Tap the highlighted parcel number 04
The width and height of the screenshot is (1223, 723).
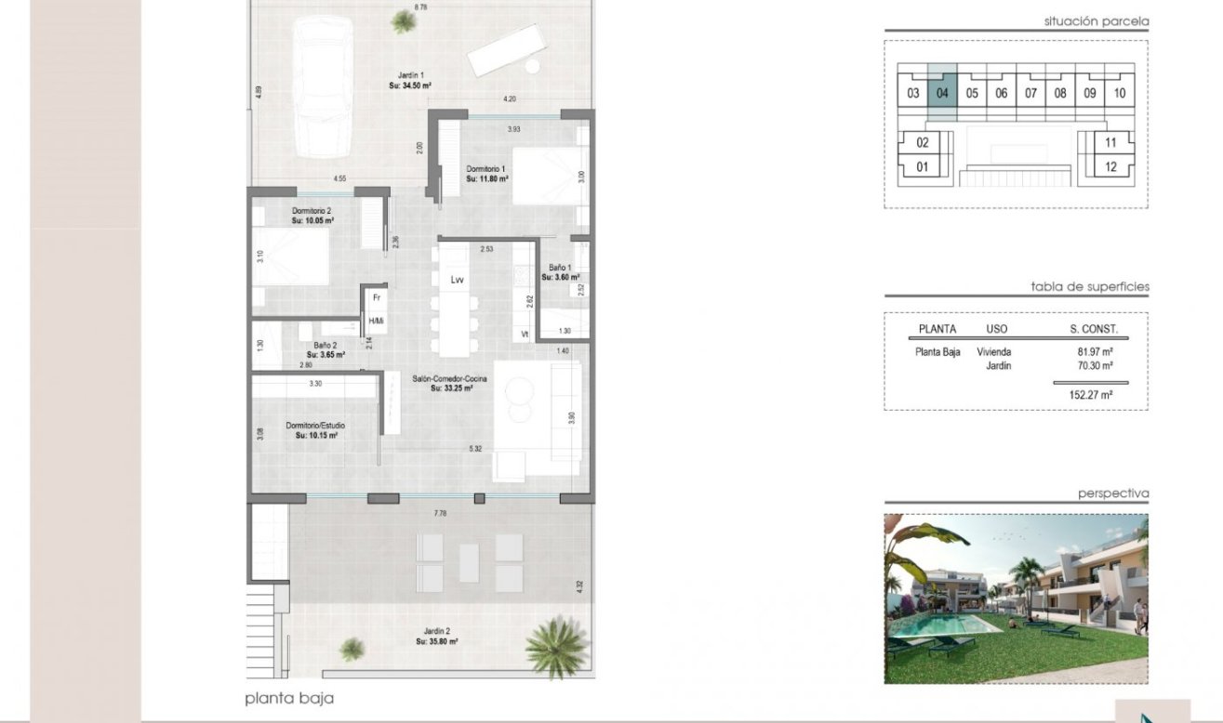point(942,93)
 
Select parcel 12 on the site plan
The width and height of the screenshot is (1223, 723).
point(1110,167)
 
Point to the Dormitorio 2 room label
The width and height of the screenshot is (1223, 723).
point(312,217)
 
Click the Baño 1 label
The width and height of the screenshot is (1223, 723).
point(562,272)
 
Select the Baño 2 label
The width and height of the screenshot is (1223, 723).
point(325,349)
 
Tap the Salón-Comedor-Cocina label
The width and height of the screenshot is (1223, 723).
point(451,383)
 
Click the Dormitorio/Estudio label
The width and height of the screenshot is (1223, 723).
point(315,430)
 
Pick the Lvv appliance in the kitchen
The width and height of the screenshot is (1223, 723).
point(457,279)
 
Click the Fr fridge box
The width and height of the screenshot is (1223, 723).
point(377,298)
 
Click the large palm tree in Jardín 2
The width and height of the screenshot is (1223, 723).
point(556,644)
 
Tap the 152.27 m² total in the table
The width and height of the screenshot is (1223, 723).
point(1092,395)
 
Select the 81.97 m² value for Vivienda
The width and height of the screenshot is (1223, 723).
point(1096,352)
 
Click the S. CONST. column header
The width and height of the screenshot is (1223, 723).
point(1094,329)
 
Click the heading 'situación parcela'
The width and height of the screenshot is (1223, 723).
point(1096,21)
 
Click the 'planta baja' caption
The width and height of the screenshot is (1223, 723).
point(289,699)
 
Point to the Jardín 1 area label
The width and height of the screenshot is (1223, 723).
point(409,80)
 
